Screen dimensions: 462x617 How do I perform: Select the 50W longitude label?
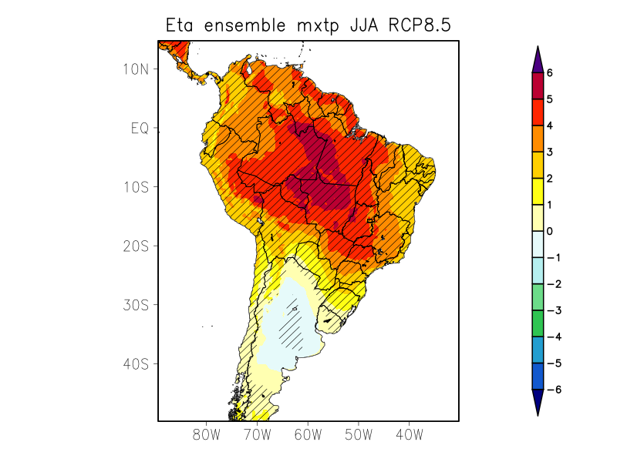pyautogui.click(x=359, y=434)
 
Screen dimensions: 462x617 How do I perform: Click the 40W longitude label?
pyautogui.click(x=410, y=434)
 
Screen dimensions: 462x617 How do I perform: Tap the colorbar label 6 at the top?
pyautogui.click(x=550, y=72)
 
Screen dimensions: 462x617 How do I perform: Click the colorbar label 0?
pyautogui.click(x=550, y=231)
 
